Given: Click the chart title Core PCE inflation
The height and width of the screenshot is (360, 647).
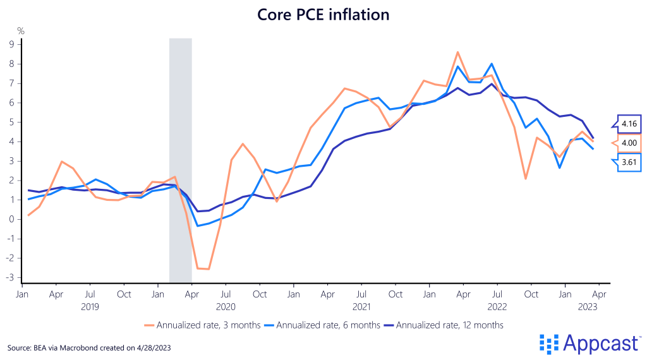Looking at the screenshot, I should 323,13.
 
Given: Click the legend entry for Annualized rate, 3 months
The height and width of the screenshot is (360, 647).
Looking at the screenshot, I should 206,325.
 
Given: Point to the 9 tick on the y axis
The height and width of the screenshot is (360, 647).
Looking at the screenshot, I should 11,44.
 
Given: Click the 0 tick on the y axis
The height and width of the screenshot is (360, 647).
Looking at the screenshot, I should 11,219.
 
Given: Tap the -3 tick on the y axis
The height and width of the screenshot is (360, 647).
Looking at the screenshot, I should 9,278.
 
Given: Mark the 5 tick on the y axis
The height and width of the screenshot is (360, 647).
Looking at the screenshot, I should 11,122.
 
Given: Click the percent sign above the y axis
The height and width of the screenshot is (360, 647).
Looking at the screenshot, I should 20,30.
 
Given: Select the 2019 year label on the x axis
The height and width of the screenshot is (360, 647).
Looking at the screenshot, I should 90,306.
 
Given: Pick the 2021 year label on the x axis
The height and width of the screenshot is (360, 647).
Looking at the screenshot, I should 361,306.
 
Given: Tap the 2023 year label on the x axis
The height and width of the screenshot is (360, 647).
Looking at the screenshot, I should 588,306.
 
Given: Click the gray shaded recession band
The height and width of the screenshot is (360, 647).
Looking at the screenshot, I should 180,158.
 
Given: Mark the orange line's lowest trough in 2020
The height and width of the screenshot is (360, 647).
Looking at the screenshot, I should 208,269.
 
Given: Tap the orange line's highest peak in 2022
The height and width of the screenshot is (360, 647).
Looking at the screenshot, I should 457,52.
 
